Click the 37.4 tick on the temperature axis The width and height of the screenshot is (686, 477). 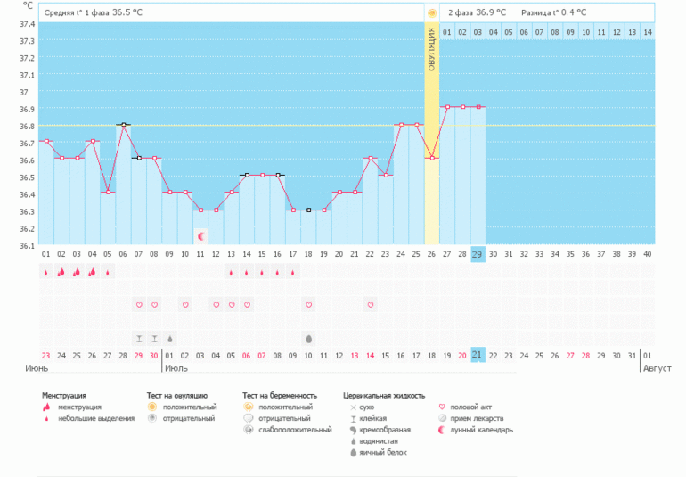click(26, 24)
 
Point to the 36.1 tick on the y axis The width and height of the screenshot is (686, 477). click(26, 245)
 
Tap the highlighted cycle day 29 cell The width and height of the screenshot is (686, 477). click(478, 254)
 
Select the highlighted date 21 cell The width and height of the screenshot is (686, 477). click(478, 355)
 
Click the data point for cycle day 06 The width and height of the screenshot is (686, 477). click(124, 125)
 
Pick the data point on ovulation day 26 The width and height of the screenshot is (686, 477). click(432, 158)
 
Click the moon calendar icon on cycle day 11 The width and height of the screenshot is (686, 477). click(201, 236)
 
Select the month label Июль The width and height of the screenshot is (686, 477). click(176, 367)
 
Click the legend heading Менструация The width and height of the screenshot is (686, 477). click(69, 395)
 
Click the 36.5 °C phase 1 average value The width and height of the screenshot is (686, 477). click(130, 13)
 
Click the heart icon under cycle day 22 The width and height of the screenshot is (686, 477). click(370, 305)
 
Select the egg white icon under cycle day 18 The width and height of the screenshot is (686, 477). click(308, 339)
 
